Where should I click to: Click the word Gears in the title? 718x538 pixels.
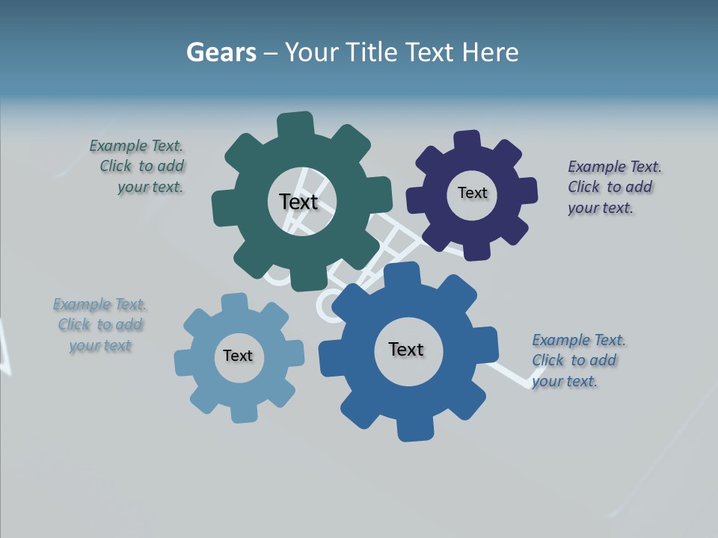point(221,52)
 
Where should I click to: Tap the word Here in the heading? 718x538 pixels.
point(490,52)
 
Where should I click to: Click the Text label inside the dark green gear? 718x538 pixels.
point(298,202)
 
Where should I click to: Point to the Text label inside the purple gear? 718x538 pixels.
point(472,193)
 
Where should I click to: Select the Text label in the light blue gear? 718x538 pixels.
point(237,356)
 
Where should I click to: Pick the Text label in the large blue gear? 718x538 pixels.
point(406,349)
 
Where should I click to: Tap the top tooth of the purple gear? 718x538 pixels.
point(467,140)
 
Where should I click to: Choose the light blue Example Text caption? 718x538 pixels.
point(100,324)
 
